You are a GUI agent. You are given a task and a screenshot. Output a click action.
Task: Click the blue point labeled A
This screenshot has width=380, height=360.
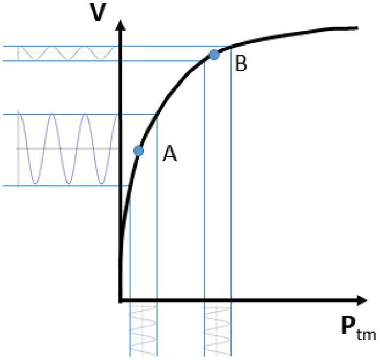139,151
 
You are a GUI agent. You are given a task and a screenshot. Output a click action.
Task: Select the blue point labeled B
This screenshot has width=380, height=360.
214,54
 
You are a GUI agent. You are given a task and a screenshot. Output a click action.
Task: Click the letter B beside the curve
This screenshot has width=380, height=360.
241,64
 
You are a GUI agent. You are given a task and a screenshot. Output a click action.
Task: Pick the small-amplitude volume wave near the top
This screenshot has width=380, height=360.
67,52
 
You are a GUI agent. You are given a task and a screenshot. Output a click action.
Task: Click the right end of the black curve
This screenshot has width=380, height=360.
356,27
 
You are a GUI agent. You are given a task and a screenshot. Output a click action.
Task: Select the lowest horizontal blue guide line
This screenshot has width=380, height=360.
64,186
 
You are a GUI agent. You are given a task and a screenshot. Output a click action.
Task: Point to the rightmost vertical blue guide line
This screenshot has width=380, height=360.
231,214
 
